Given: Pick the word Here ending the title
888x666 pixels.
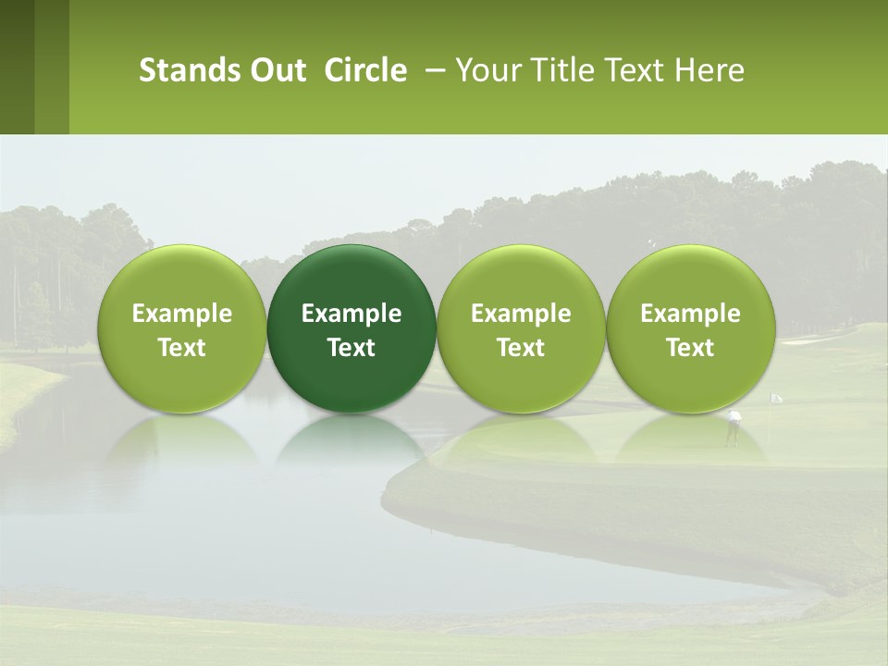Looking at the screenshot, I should click(x=709, y=70).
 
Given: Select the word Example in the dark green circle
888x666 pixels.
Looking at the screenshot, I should click(x=351, y=314).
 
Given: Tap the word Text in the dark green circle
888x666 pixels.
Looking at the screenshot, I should click(x=351, y=348).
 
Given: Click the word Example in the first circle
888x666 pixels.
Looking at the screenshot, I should click(x=182, y=314).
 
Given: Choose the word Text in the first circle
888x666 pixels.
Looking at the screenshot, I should click(x=182, y=348).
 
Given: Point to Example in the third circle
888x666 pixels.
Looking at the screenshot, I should click(x=521, y=314).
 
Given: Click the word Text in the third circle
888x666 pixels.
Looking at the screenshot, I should click(x=521, y=348).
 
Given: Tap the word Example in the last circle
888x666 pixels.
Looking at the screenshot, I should click(x=690, y=314).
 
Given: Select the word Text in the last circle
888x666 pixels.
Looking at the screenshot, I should click(x=690, y=348).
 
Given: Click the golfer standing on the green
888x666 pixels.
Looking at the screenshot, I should click(x=734, y=425).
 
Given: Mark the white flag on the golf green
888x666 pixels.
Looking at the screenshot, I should click(x=776, y=398).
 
